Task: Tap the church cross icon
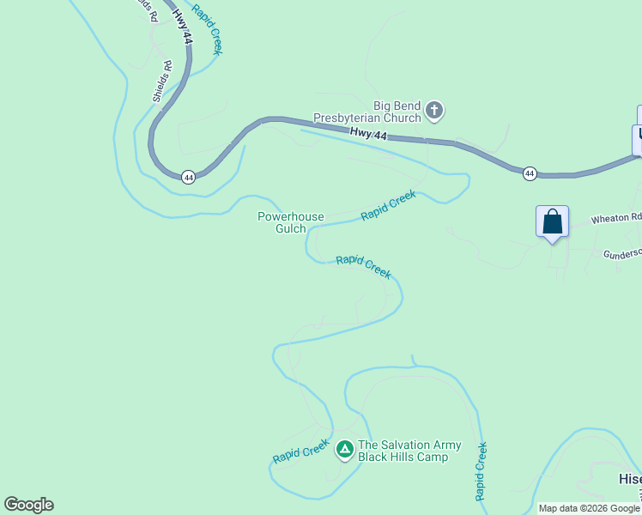[435, 110]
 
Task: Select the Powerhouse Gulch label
[291, 222]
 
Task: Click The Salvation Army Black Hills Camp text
[409, 451]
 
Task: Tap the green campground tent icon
[345, 448]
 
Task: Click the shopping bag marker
[553, 222]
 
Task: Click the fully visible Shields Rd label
[162, 82]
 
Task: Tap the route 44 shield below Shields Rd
[189, 177]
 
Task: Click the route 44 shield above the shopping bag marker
[530, 173]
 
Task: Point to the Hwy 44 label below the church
[368, 135]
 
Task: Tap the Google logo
[28, 505]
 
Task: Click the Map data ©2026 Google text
[589, 508]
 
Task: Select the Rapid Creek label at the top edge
[207, 29]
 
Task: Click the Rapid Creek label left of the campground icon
[301, 451]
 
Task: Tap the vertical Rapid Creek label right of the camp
[481, 471]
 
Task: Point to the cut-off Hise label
[629, 478]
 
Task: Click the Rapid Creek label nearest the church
[388, 205]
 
